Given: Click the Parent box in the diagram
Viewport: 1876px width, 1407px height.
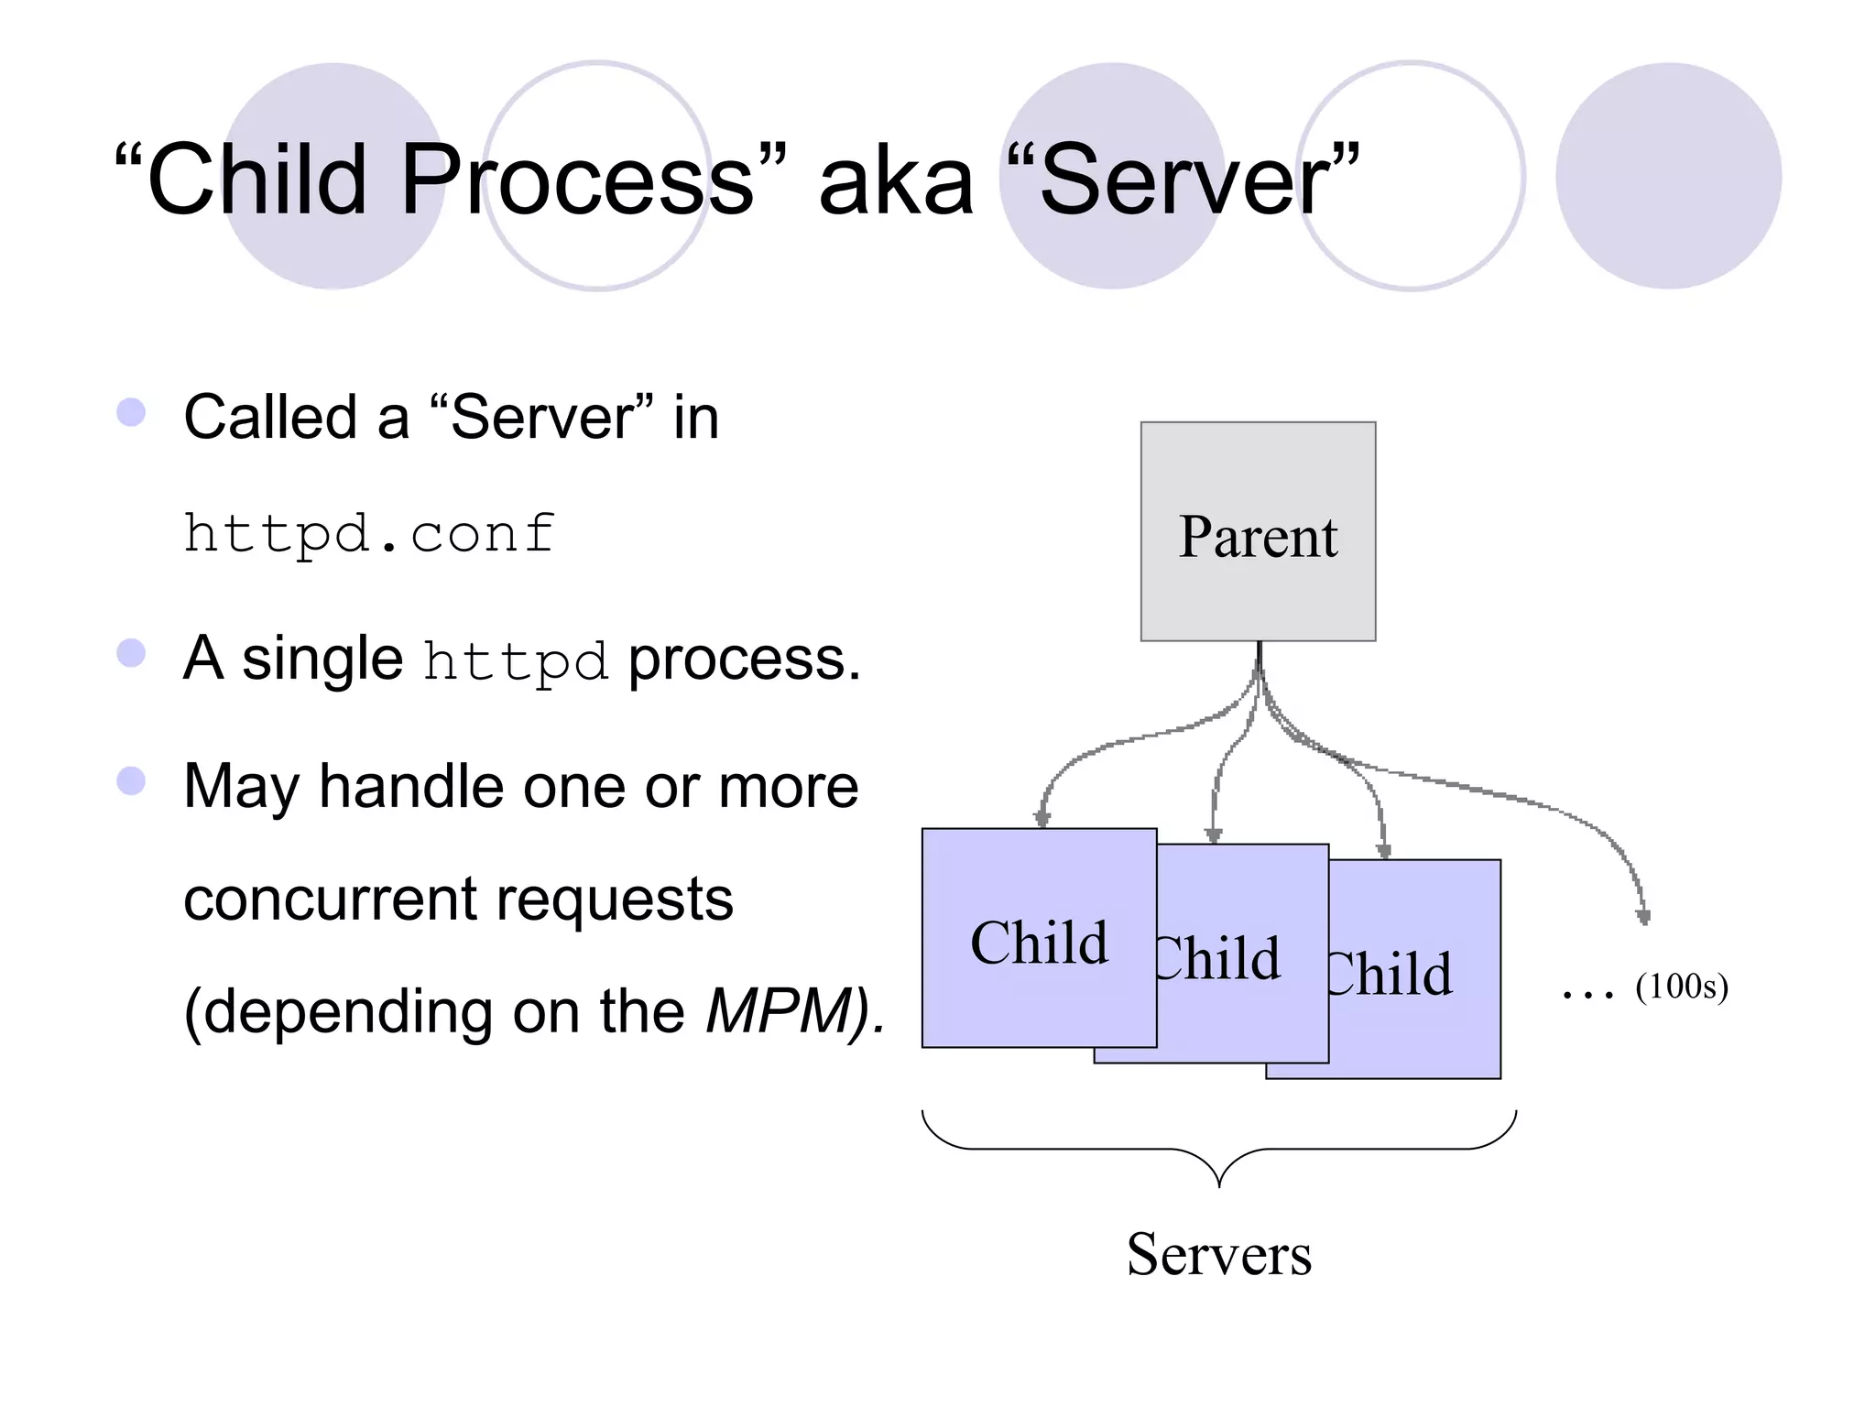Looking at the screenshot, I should point(1258,531).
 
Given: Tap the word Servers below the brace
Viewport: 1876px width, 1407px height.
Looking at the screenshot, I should point(1218,1254).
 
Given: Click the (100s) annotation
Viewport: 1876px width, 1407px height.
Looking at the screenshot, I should point(1682,987).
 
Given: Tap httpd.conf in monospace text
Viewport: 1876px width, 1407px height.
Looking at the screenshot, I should point(368,533).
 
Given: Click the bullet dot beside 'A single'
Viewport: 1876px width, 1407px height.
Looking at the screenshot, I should point(132,653).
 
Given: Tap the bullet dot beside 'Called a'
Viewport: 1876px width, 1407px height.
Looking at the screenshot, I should point(132,412).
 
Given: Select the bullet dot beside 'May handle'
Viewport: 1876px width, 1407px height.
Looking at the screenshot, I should point(132,780).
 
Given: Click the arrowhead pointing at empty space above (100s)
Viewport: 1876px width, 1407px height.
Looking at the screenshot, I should point(1643,916).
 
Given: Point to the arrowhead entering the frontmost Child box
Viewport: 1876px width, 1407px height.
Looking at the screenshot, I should point(1042,818).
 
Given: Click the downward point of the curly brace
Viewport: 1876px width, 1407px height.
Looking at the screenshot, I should point(1219,1183).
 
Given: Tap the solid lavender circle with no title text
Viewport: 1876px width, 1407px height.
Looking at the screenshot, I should point(1668,176).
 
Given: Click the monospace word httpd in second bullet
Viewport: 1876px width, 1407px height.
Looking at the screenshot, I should point(515,660).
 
